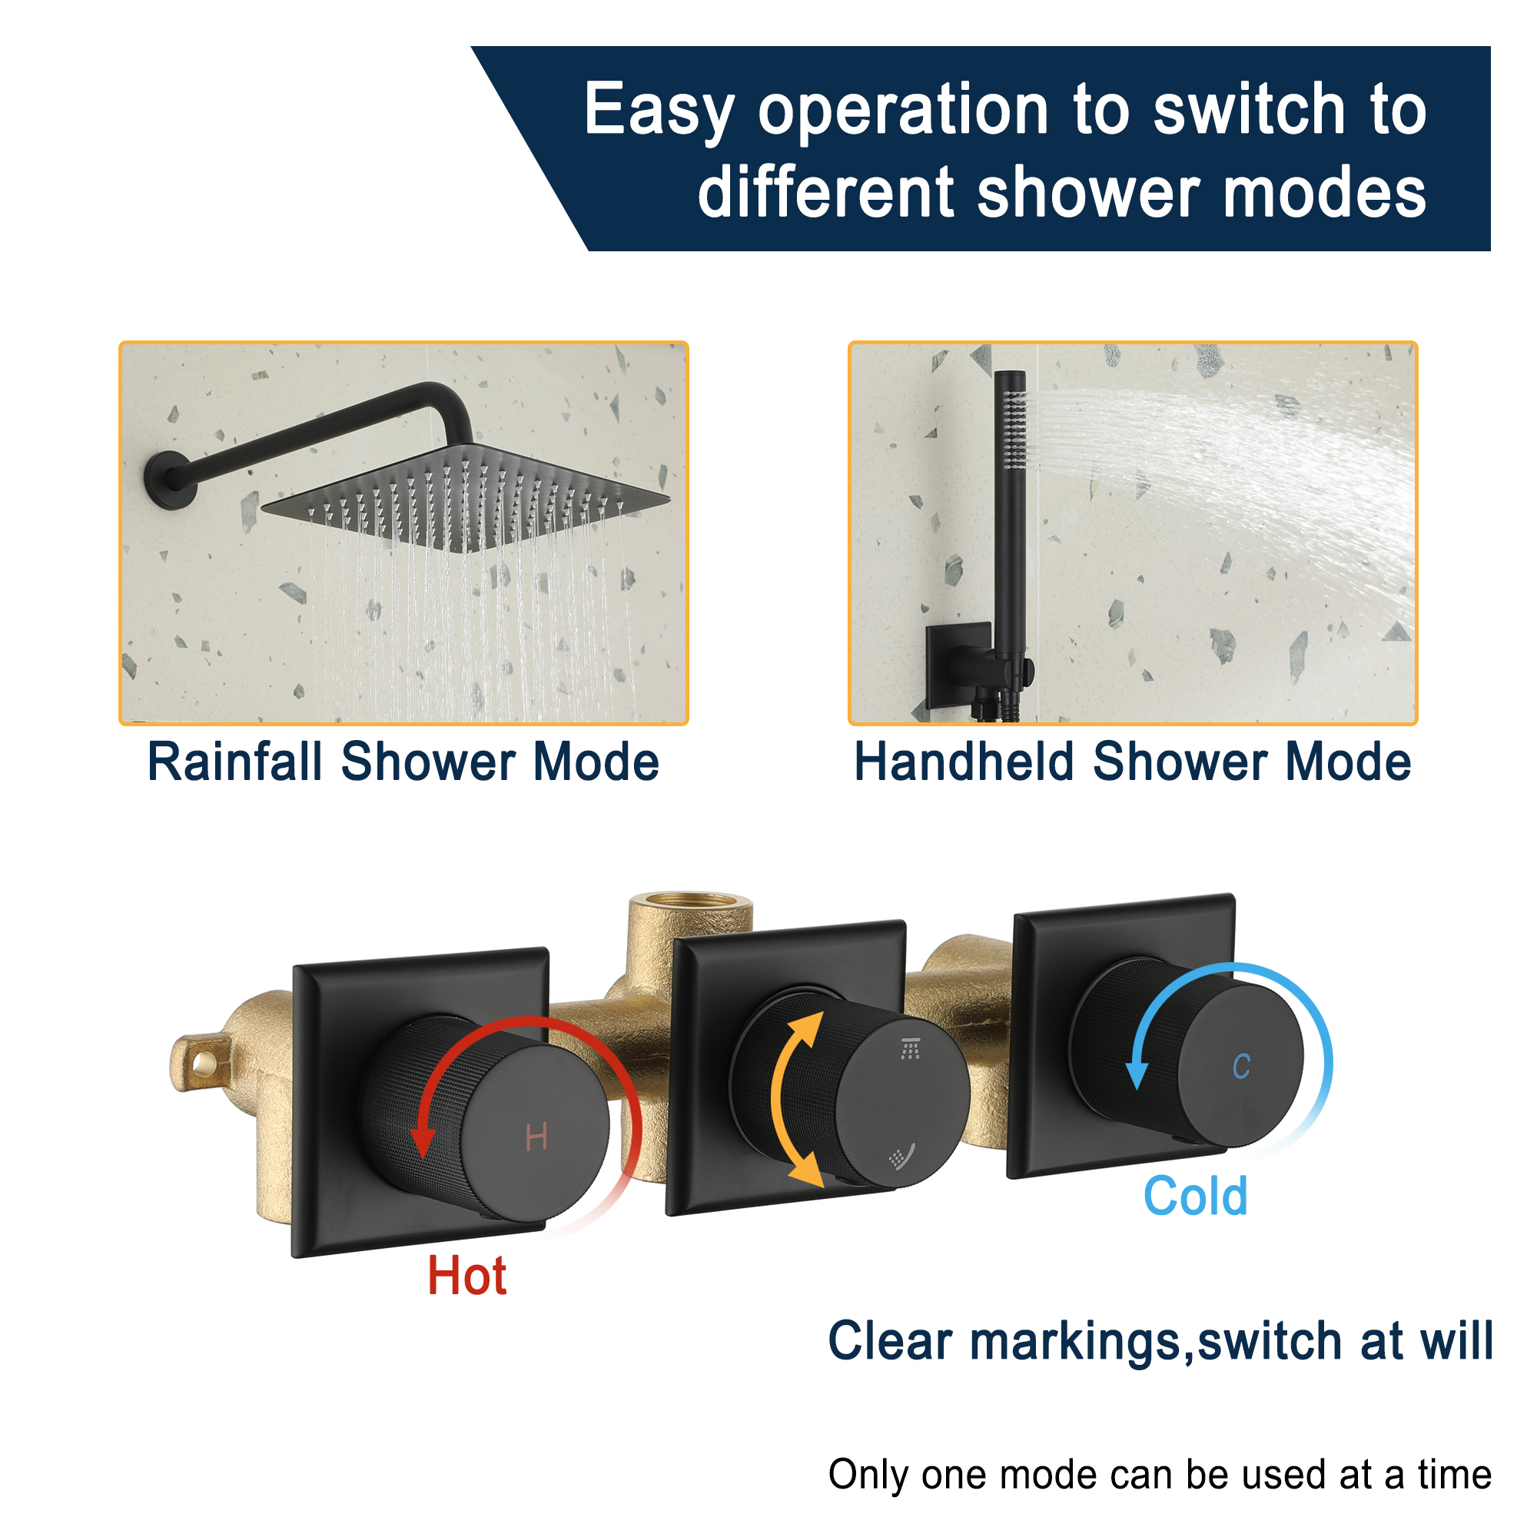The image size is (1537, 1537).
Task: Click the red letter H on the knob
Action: click(x=536, y=1136)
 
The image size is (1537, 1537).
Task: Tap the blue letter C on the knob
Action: click(x=1241, y=1067)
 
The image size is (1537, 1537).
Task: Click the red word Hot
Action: click(x=467, y=1276)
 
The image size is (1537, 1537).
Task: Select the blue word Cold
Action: click(x=1195, y=1197)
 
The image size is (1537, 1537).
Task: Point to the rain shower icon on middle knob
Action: click(x=911, y=1048)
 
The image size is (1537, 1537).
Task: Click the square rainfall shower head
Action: click(x=466, y=497)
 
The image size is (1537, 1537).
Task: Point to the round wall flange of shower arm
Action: click(x=169, y=480)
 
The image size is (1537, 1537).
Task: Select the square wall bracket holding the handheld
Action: click(x=958, y=663)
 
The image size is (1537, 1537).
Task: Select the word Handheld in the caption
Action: click(x=964, y=762)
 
